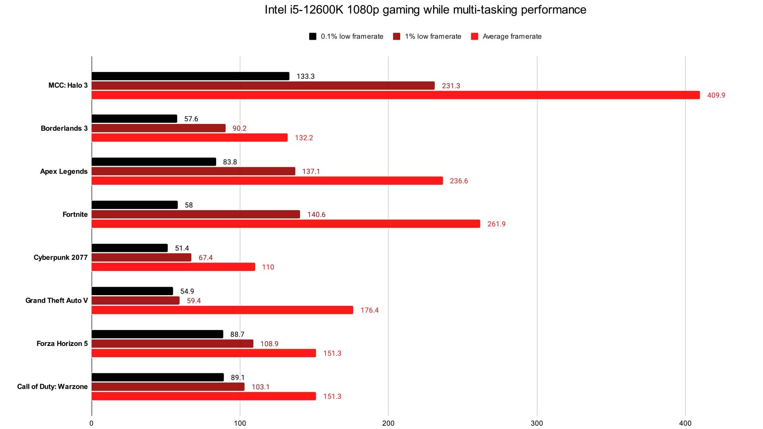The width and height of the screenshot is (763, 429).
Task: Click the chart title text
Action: pos(425,10)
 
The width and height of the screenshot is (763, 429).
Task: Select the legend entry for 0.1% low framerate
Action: pos(346,37)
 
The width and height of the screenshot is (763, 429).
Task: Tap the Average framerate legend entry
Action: pos(506,37)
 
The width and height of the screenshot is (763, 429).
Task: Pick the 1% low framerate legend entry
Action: pos(427,37)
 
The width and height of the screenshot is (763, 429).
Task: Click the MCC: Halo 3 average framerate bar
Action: pos(395,95)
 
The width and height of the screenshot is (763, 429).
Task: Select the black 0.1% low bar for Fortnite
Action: pos(135,205)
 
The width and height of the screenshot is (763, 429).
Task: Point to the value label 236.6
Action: pos(459,181)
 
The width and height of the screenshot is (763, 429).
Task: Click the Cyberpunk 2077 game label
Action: pos(60,257)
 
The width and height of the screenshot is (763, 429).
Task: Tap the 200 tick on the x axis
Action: pos(388,423)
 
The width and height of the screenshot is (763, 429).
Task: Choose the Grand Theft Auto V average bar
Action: pos(222,310)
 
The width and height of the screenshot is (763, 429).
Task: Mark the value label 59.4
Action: pos(194,301)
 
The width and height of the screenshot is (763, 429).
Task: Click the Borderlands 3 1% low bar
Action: pos(159,128)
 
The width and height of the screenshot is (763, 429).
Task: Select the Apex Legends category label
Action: pos(64,171)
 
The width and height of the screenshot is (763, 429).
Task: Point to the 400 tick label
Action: pos(685,423)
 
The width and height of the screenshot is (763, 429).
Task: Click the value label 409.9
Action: pos(716,95)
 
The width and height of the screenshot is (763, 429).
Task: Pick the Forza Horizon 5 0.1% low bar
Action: pos(157,334)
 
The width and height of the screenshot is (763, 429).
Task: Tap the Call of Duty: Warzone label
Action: pos(52,386)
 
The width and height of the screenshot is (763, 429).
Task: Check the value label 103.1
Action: pos(260,387)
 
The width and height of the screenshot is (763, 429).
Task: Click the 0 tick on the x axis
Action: pos(91,423)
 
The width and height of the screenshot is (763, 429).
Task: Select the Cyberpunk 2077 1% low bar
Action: pos(141,257)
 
